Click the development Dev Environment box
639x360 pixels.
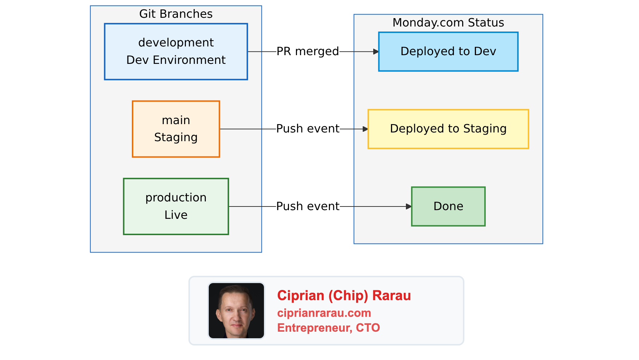tap(176, 52)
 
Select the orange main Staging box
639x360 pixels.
tap(176, 129)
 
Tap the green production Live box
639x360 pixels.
tap(176, 206)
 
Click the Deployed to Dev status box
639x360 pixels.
tap(448, 52)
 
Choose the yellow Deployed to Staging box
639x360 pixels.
tap(448, 129)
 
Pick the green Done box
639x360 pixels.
tap(448, 206)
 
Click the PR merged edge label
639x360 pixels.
tap(308, 52)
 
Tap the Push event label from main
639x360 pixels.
tap(308, 129)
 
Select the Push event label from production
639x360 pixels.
tap(308, 206)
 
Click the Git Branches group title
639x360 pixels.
tap(176, 14)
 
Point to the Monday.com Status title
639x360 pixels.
tap(448, 22)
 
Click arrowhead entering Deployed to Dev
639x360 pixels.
tap(376, 52)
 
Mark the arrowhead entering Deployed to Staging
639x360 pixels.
tap(366, 129)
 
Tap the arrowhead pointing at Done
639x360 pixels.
tap(409, 206)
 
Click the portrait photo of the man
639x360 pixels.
tap(236, 311)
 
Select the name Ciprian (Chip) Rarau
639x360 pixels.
tap(344, 295)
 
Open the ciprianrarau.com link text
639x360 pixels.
tap(324, 313)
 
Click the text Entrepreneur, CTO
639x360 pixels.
tap(328, 328)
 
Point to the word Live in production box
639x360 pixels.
tap(176, 215)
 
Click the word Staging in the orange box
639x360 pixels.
tap(176, 138)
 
